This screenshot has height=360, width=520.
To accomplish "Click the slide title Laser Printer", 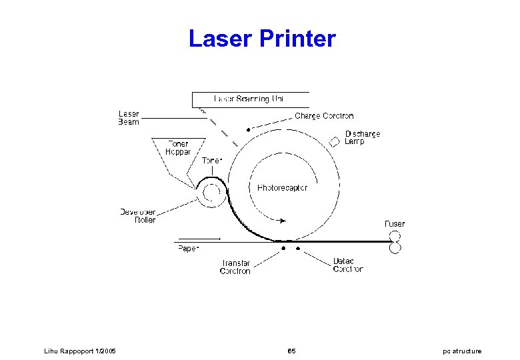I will tap(262, 39).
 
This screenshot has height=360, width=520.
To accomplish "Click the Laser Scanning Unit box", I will tap(251, 99).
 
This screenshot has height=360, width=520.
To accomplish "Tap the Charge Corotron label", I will tap(324, 116).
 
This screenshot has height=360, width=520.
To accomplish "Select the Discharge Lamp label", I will tap(363, 138).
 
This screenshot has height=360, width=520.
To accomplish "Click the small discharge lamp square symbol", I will tap(335, 141).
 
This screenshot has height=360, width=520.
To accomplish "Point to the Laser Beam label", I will tap(129, 118).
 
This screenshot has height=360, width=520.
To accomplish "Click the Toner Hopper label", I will tap(177, 148).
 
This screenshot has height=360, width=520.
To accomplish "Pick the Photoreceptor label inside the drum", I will tap(282, 188).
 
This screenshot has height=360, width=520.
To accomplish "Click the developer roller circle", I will tap(211, 193).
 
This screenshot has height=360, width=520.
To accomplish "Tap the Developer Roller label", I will tap(137, 216).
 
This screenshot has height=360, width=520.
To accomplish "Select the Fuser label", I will tap(394, 224).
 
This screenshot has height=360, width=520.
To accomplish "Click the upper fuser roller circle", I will tap(395, 237).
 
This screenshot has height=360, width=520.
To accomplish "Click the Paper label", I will tap(188, 249).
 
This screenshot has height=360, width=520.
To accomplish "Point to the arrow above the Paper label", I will tap(205, 239).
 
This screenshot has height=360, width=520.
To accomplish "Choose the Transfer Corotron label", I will tap(235, 267).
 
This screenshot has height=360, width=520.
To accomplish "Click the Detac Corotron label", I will tap(348, 265).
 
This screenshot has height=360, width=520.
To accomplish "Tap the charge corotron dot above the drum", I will tap(249, 130).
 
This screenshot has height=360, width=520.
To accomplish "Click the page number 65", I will tap(291, 351).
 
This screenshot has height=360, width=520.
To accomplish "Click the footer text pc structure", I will tap(462, 351).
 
